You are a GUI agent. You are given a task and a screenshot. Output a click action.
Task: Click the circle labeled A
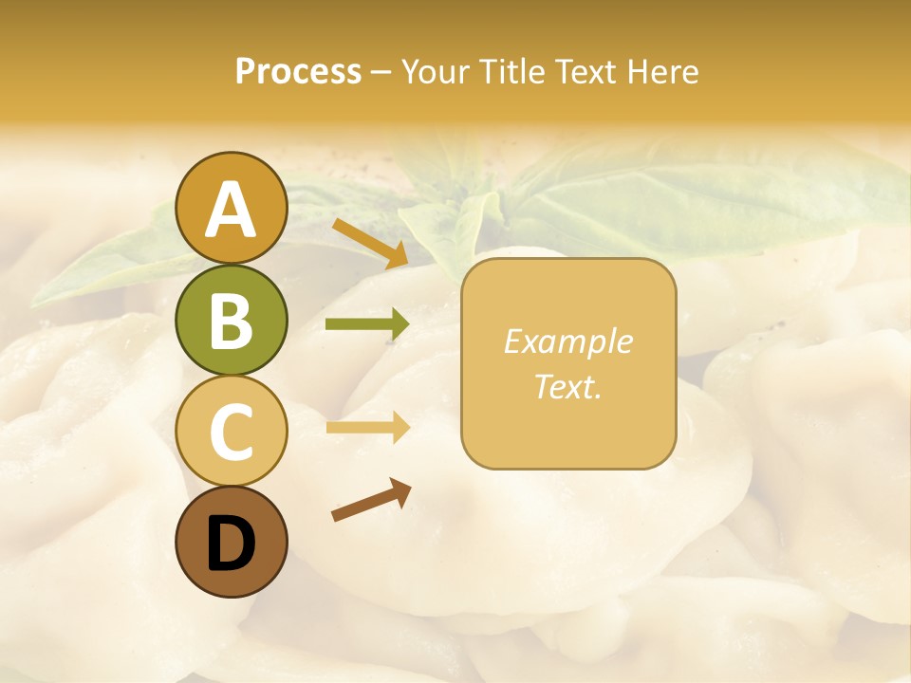(x=231, y=208)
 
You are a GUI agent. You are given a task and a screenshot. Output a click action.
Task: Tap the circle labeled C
(x=231, y=430)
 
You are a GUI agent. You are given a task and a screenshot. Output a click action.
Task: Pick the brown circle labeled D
(x=231, y=542)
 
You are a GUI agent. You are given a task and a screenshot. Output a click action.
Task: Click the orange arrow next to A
(x=370, y=244)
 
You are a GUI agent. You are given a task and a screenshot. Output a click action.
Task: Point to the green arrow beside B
(x=367, y=325)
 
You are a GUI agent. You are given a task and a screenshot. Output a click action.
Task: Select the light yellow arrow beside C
(x=367, y=428)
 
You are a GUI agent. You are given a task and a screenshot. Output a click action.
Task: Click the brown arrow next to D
(x=371, y=500)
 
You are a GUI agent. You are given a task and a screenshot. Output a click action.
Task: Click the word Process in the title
(x=298, y=72)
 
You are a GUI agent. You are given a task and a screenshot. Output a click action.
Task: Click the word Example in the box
(x=567, y=341)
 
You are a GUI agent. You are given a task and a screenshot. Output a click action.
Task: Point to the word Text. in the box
(x=567, y=386)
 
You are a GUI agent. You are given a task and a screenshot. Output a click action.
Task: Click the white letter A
(x=231, y=210)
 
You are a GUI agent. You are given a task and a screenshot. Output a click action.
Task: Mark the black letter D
(x=231, y=544)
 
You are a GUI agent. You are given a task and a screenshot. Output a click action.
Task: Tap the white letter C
(x=231, y=432)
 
